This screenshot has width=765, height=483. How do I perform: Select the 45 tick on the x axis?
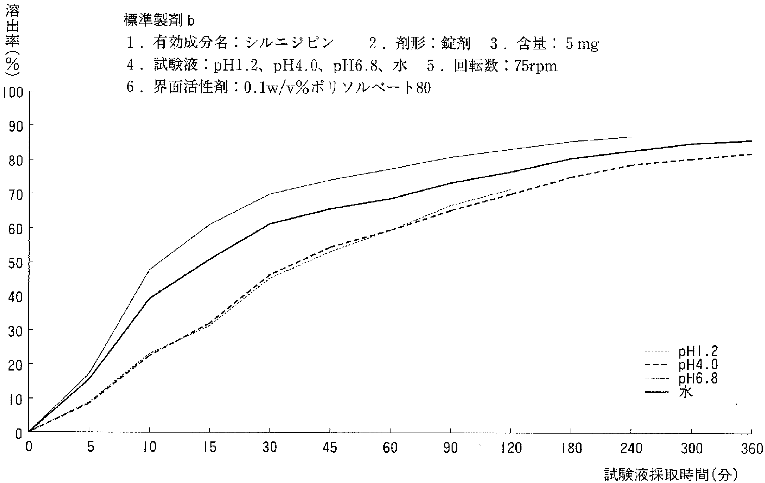coord(330,448)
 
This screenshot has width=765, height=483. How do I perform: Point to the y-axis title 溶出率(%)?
coord(13,41)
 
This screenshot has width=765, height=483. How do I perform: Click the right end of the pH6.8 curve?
coord(631,137)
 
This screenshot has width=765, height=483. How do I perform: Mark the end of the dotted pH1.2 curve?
coord(511,190)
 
